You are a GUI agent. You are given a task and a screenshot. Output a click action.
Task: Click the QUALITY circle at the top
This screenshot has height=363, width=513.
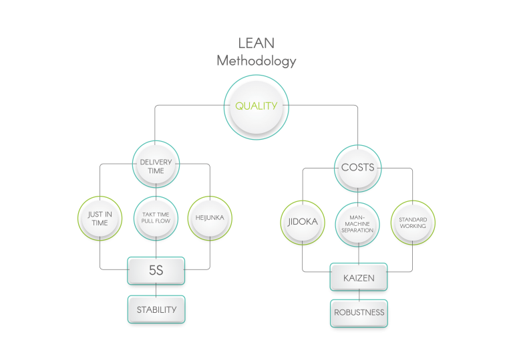click(256, 106)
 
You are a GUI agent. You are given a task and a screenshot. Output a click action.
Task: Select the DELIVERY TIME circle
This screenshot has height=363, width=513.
click(156, 166)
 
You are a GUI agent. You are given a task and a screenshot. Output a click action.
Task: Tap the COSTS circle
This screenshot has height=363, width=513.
click(358, 167)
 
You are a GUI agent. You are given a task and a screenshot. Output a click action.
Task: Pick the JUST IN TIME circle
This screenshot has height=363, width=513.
click(100, 218)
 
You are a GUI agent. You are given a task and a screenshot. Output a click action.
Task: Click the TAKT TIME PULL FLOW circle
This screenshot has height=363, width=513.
click(156, 218)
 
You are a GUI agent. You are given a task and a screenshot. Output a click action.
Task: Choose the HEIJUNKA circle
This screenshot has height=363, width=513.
click(210, 218)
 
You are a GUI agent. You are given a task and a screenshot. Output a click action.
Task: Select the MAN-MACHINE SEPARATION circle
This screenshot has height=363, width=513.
click(357, 223)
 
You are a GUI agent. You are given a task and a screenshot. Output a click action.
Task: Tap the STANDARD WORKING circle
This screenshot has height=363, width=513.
click(412, 223)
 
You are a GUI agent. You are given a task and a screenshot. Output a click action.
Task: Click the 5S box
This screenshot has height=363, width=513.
click(156, 271)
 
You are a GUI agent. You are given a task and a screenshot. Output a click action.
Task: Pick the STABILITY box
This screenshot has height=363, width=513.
click(156, 310)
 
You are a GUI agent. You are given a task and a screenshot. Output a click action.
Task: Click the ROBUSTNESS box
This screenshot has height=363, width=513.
click(359, 312)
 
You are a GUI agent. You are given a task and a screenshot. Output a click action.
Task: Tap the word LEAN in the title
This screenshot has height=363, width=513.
click(256, 43)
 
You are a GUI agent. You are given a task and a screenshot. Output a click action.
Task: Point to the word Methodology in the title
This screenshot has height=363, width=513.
click(256, 61)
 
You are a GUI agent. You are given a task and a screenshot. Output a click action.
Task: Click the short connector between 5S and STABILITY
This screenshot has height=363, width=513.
click(156, 290)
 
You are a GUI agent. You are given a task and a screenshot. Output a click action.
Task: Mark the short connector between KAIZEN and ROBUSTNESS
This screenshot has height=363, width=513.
click(359, 294)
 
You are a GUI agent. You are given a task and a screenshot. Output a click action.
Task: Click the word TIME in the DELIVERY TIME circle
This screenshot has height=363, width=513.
click(156, 170)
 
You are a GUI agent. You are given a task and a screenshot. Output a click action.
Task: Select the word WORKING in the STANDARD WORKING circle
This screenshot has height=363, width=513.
click(412, 227)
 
